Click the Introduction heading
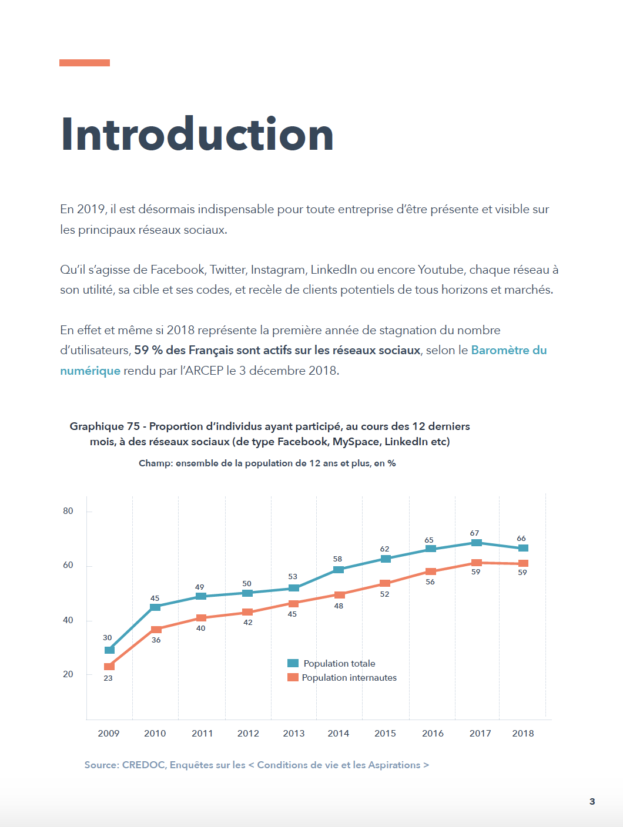(197, 135)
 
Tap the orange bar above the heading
(85, 63)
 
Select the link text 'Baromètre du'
(509, 351)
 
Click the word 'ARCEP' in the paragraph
(204, 371)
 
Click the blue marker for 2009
(109, 650)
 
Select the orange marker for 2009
(109, 666)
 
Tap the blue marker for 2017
(477, 543)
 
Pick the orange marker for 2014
(339, 594)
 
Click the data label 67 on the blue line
(474, 533)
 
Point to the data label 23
(108, 678)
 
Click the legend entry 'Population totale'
(339, 664)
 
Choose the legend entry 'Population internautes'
(349, 678)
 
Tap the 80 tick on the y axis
(68, 511)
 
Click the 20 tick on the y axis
(68, 674)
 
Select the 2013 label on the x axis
(294, 733)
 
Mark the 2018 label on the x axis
(523, 733)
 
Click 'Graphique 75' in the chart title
(105, 426)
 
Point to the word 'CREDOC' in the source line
(143, 765)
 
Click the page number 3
(592, 801)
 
